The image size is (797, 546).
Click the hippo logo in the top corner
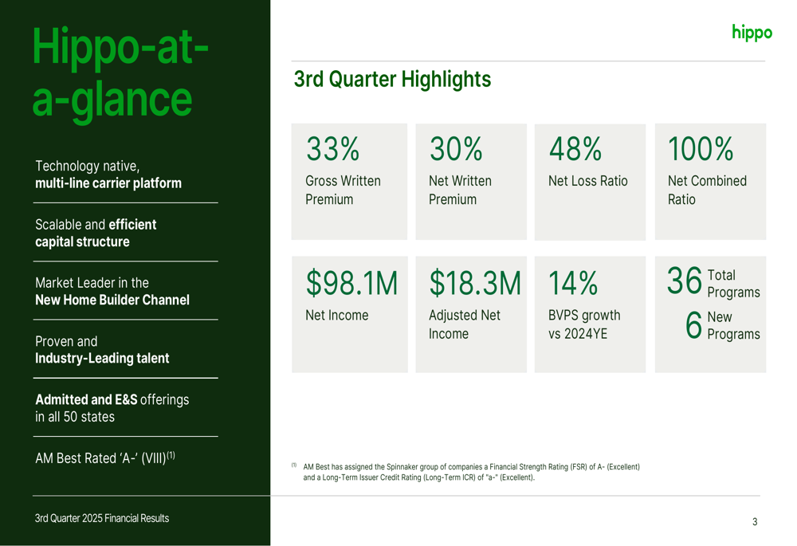[x=752, y=33]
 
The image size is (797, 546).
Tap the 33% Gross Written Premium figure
[x=332, y=149]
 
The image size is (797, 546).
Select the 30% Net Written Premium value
[x=456, y=149]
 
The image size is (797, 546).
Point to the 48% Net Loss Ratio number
[x=575, y=149]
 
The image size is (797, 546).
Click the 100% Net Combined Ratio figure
[x=700, y=149]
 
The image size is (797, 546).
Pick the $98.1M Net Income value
[x=351, y=283]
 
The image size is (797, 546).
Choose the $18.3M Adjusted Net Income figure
[x=475, y=283]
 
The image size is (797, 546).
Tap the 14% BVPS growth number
[x=572, y=283]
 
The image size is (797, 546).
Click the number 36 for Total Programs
[x=685, y=281]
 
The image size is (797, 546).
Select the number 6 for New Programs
[x=693, y=324]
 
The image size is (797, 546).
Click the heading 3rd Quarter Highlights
[x=392, y=79]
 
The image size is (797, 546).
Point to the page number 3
[x=755, y=522]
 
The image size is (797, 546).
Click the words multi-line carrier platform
[x=108, y=183]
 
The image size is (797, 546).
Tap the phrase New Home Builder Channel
[x=112, y=300]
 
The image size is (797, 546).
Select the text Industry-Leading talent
[x=102, y=359]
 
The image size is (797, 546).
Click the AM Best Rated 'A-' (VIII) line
[x=104, y=458]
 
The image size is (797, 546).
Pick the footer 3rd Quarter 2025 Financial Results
[x=102, y=518]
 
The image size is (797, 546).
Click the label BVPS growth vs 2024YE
[x=583, y=324]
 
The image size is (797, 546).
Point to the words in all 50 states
[x=75, y=417]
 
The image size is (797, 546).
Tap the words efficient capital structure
[x=96, y=234]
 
